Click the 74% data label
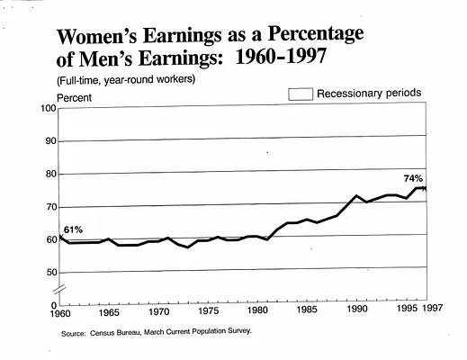coord(413,179)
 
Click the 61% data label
coord(73,230)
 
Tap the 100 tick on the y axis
coord(49,108)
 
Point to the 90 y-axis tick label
coord(51,141)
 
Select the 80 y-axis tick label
coord(51,174)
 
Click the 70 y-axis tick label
coord(51,207)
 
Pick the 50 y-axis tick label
coord(51,273)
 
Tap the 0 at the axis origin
coord(54,306)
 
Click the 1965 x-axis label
coord(109,312)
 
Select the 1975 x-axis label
coord(209,310)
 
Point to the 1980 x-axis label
coord(257,310)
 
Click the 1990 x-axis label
coord(357,309)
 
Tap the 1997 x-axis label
coord(433,308)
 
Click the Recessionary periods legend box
coord(301,94)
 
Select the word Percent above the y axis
coord(74,98)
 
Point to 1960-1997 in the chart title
coord(281,56)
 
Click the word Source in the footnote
coord(74,334)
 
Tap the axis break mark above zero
coord(59,290)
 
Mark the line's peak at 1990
coord(356,195)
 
